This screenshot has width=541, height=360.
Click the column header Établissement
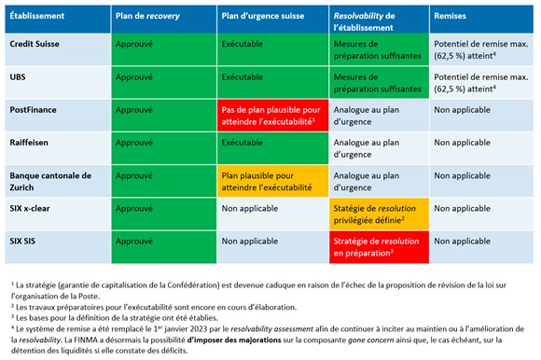click(40, 16)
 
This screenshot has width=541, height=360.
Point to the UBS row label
click(20, 76)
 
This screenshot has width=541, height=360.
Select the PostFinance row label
click(35, 109)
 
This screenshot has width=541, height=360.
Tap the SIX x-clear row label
click(35, 209)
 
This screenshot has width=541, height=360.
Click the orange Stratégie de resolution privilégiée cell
click(375, 215)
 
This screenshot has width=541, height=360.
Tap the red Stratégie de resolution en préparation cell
click(375, 247)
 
